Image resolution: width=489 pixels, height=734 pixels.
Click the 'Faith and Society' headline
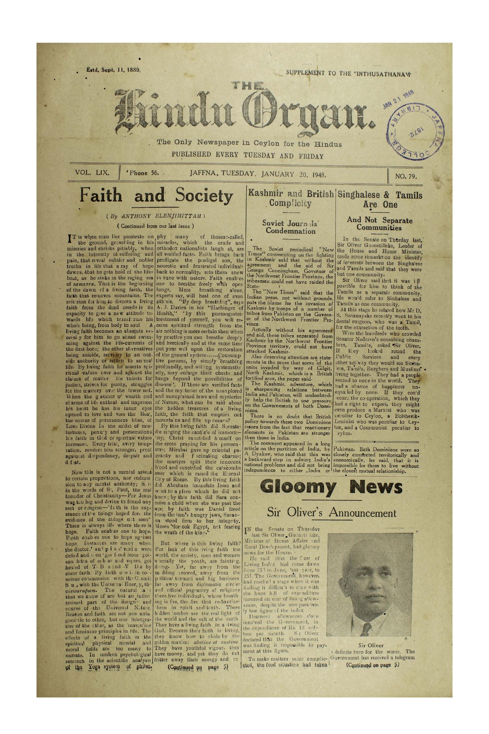point(156,196)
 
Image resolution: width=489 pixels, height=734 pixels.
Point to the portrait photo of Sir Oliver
point(367,586)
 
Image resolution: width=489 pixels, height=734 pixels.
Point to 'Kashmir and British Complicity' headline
point(290,198)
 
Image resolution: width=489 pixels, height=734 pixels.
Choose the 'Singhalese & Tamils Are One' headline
point(380,200)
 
